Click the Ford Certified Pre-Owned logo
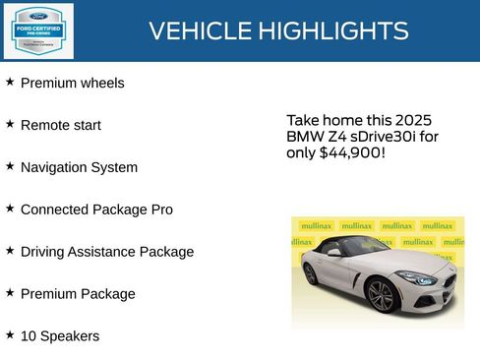[36, 30]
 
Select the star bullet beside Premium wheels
[10, 82]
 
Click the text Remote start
[60, 125]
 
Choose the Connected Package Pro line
[96, 210]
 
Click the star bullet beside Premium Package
[10, 292]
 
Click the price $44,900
[351, 153]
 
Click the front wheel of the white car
[381, 295]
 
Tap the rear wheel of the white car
[311, 273]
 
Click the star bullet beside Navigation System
[10, 166]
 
